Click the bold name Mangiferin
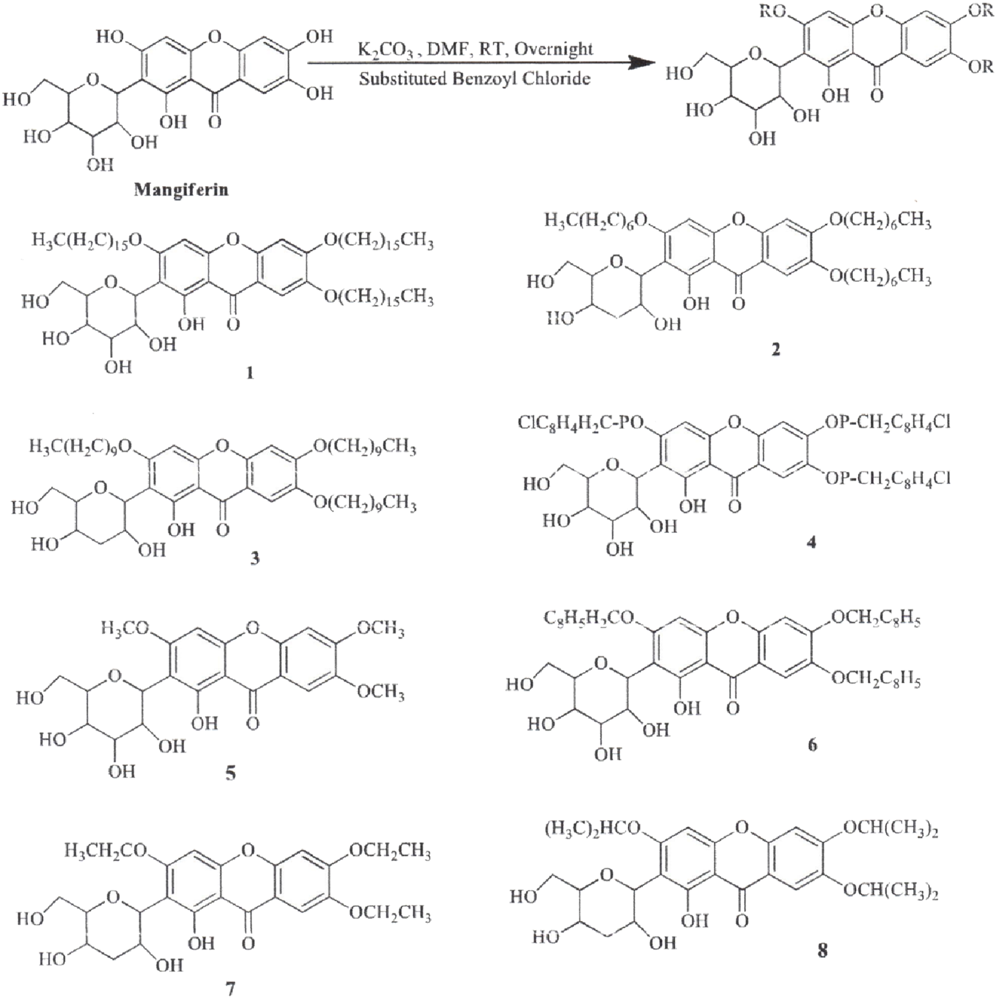click(181, 190)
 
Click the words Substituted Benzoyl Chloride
click(475, 79)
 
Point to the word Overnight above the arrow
click(554, 49)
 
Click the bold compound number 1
click(250, 373)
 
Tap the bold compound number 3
click(255, 557)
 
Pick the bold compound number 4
click(811, 542)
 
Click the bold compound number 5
click(230, 772)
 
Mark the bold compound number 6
click(812, 745)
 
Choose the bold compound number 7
click(230, 989)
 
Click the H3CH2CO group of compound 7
click(106, 852)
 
